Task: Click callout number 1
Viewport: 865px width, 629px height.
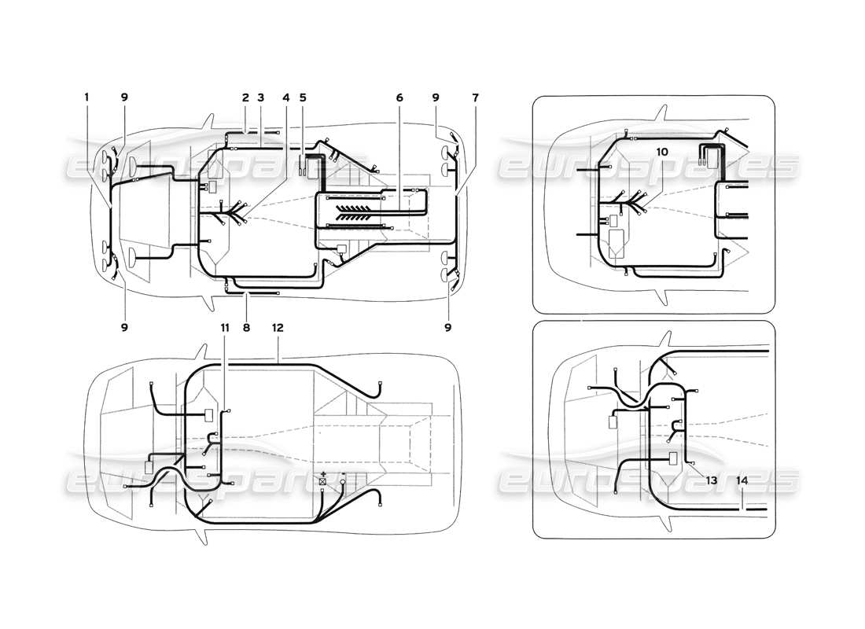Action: tap(86, 97)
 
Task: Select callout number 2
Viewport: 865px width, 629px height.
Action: tap(245, 97)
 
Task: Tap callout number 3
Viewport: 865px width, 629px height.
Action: tap(260, 97)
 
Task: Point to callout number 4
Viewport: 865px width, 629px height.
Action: tap(286, 97)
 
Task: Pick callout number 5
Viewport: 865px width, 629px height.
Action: tap(303, 97)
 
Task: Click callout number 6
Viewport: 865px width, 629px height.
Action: tap(399, 97)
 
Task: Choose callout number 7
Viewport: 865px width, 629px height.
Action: tap(475, 97)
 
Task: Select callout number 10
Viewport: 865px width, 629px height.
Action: tap(661, 150)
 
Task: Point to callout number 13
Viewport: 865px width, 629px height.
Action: tap(711, 479)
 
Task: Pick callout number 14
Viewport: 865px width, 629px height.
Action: tap(743, 479)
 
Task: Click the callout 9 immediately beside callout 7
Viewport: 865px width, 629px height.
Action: tap(436, 97)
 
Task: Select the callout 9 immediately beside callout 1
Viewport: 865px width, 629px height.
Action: tap(124, 97)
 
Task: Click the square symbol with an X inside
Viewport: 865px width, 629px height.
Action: tap(323, 479)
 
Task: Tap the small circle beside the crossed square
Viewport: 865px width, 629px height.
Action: tap(343, 478)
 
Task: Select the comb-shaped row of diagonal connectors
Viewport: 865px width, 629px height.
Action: tap(362, 212)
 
